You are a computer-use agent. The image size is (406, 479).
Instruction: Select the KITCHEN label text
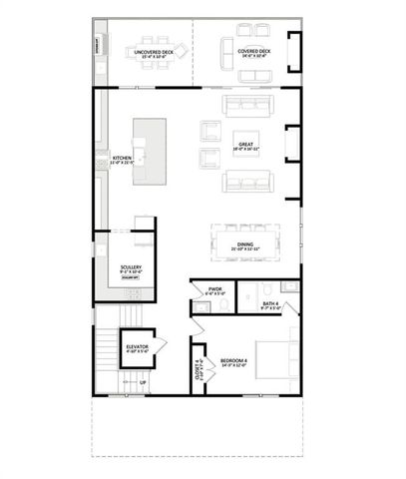pos(122,160)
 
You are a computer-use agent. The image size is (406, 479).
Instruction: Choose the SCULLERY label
pos(130,268)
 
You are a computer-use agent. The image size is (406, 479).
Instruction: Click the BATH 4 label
pos(270,305)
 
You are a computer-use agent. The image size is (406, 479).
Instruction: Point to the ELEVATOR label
pos(138,348)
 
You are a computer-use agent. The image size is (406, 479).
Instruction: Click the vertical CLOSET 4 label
pos(199,368)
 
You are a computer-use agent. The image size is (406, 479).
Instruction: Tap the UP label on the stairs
pos(142,383)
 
